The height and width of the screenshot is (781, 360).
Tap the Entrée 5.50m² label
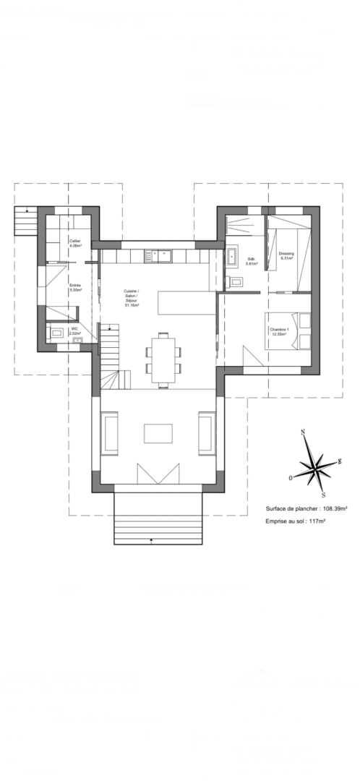(x=75, y=288)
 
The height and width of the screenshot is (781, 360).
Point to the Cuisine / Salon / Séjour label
(x=131, y=298)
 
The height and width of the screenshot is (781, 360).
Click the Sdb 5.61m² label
(x=251, y=261)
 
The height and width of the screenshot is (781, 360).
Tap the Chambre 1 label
(x=280, y=332)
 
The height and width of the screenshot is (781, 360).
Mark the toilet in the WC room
(x=56, y=333)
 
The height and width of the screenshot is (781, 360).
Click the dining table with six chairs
(x=163, y=359)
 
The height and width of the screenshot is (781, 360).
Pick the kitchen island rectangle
(x=187, y=302)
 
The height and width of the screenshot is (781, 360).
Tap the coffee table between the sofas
(x=158, y=432)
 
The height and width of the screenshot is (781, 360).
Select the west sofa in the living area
(x=110, y=432)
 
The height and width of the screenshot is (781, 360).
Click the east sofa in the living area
(x=207, y=432)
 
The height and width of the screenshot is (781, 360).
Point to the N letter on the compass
(x=304, y=432)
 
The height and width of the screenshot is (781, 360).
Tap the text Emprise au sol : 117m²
(x=296, y=521)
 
